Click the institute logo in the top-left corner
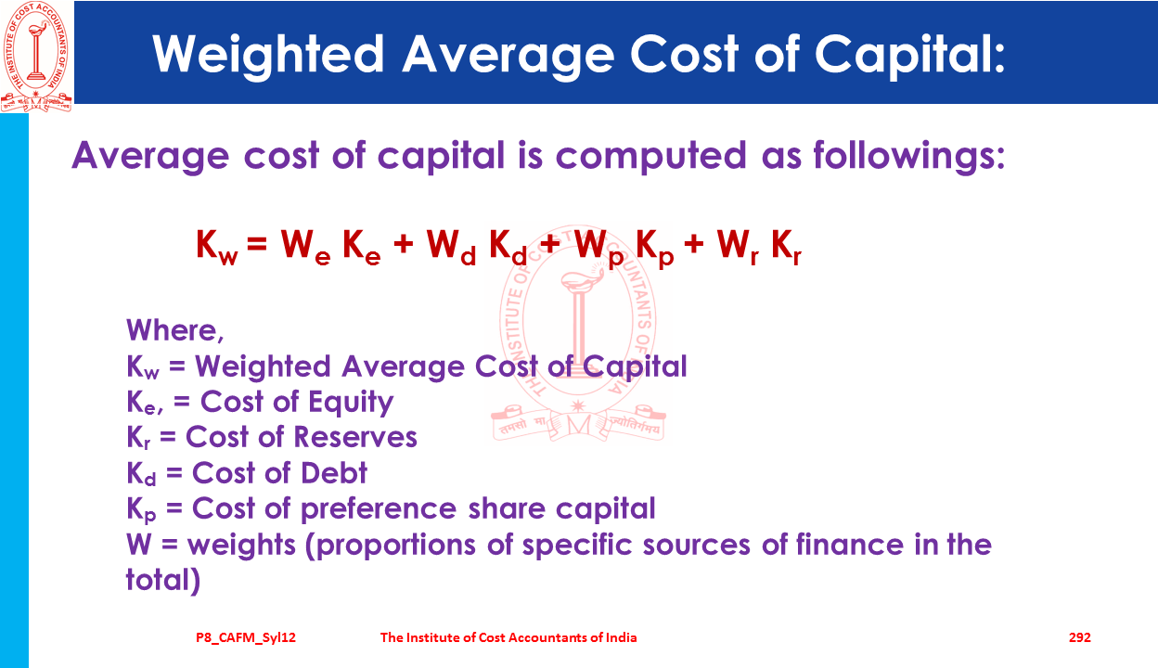[x=36, y=57]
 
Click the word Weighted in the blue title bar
[x=268, y=56]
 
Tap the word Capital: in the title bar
[x=910, y=56]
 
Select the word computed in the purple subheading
[x=650, y=156]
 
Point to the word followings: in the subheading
[x=909, y=156]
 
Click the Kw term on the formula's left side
[x=217, y=247]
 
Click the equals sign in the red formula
[x=257, y=243]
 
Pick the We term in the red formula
[x=305, y=247]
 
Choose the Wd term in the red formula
[x=451, y=247]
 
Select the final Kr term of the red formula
[x=786, y=247]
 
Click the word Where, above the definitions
[x=175, y=331]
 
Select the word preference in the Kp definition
[x=379, y=509]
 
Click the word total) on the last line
[x=163, y=580]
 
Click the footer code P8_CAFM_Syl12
[x=246, y=637]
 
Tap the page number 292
[x=1080, y=637]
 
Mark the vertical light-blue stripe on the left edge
[x=14, y=391]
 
